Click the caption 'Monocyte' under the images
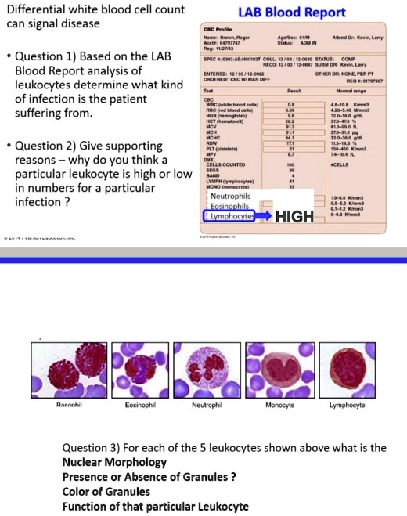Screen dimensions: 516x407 (279, 406)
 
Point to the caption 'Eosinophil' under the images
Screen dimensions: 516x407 (140, 406)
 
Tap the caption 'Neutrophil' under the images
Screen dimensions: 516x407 (207, 406)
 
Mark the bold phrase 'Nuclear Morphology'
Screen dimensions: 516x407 (114, 462)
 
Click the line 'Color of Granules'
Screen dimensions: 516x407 (106, 492)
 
